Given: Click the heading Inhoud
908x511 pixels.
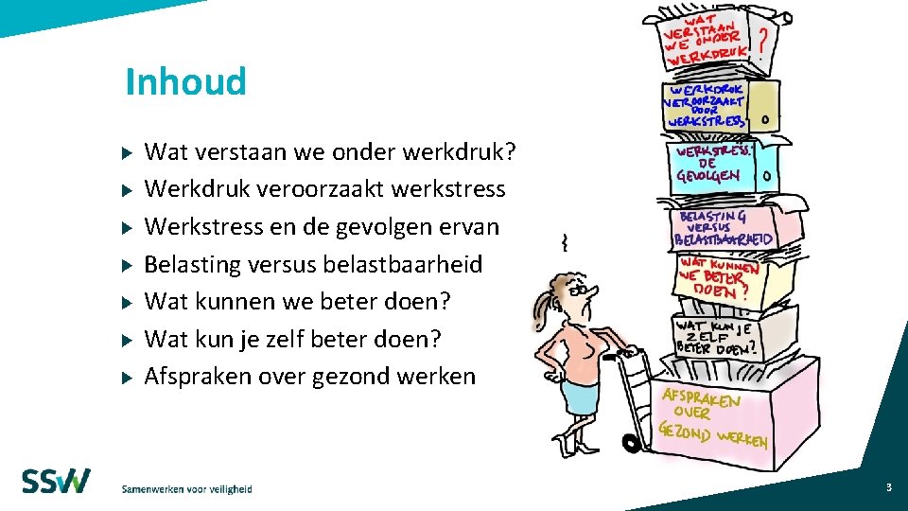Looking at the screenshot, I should pyautogui.click(x=185, y=82).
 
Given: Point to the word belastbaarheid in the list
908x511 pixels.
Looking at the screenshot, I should pyautogui.click(x=403, y=264).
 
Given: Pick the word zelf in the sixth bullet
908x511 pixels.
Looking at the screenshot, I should pyautogui.click(x=340, y=339).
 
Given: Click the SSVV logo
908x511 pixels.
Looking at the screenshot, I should pyautogui.click(x=56, y=481).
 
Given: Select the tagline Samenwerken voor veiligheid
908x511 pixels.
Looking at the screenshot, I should pyautogui.click(x=186, y=489).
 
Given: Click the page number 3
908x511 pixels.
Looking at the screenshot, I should pyautogui.click(x=888, y=487).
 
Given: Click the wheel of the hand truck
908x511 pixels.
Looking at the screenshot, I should pyautogui.click(x=630, y=442).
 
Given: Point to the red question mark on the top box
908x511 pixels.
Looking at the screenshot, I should pyautogui.click(x=763, y=42).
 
